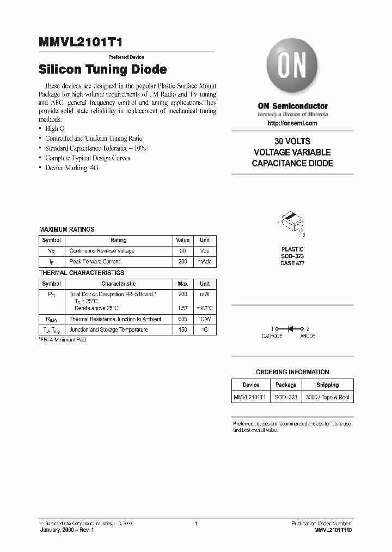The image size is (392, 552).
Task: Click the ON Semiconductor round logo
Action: tap(292, 67)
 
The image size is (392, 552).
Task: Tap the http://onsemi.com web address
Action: tap(292, 123)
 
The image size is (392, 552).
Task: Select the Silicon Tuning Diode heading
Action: tap(103, 70)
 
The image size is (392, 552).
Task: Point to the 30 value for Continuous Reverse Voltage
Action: tap(183, 251)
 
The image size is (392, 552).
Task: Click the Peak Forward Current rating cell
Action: tap(92, 262)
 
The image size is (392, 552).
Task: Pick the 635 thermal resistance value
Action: tap(183, 319)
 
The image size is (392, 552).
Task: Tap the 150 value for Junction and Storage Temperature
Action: tap(183, 329)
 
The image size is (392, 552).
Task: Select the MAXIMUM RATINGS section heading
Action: tap(66, 230)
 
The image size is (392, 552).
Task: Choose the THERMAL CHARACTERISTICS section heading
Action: tap(82, 273)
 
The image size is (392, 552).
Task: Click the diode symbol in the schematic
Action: tap(291, 329)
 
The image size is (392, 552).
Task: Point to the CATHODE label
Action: tap(272, 337)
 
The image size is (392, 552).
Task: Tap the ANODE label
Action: tap(308, 337)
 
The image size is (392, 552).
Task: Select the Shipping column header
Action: tap(327, 385)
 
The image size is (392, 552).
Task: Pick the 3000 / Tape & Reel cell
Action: tap(327, 398)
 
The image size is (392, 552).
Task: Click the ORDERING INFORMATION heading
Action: tap(292, 372)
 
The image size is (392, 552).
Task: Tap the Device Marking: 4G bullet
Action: tap(71, 168)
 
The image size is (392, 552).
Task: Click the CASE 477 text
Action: tap(292, 263)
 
